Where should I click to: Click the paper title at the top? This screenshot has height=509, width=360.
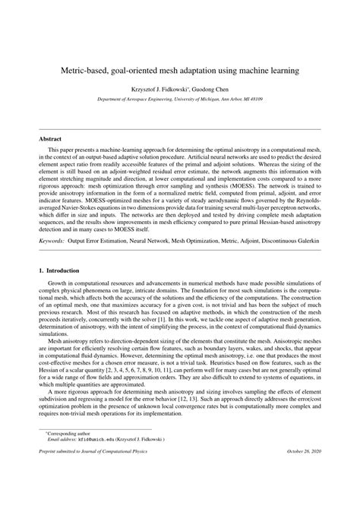click(179, 70)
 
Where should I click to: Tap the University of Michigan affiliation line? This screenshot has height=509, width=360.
click(180, 100)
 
